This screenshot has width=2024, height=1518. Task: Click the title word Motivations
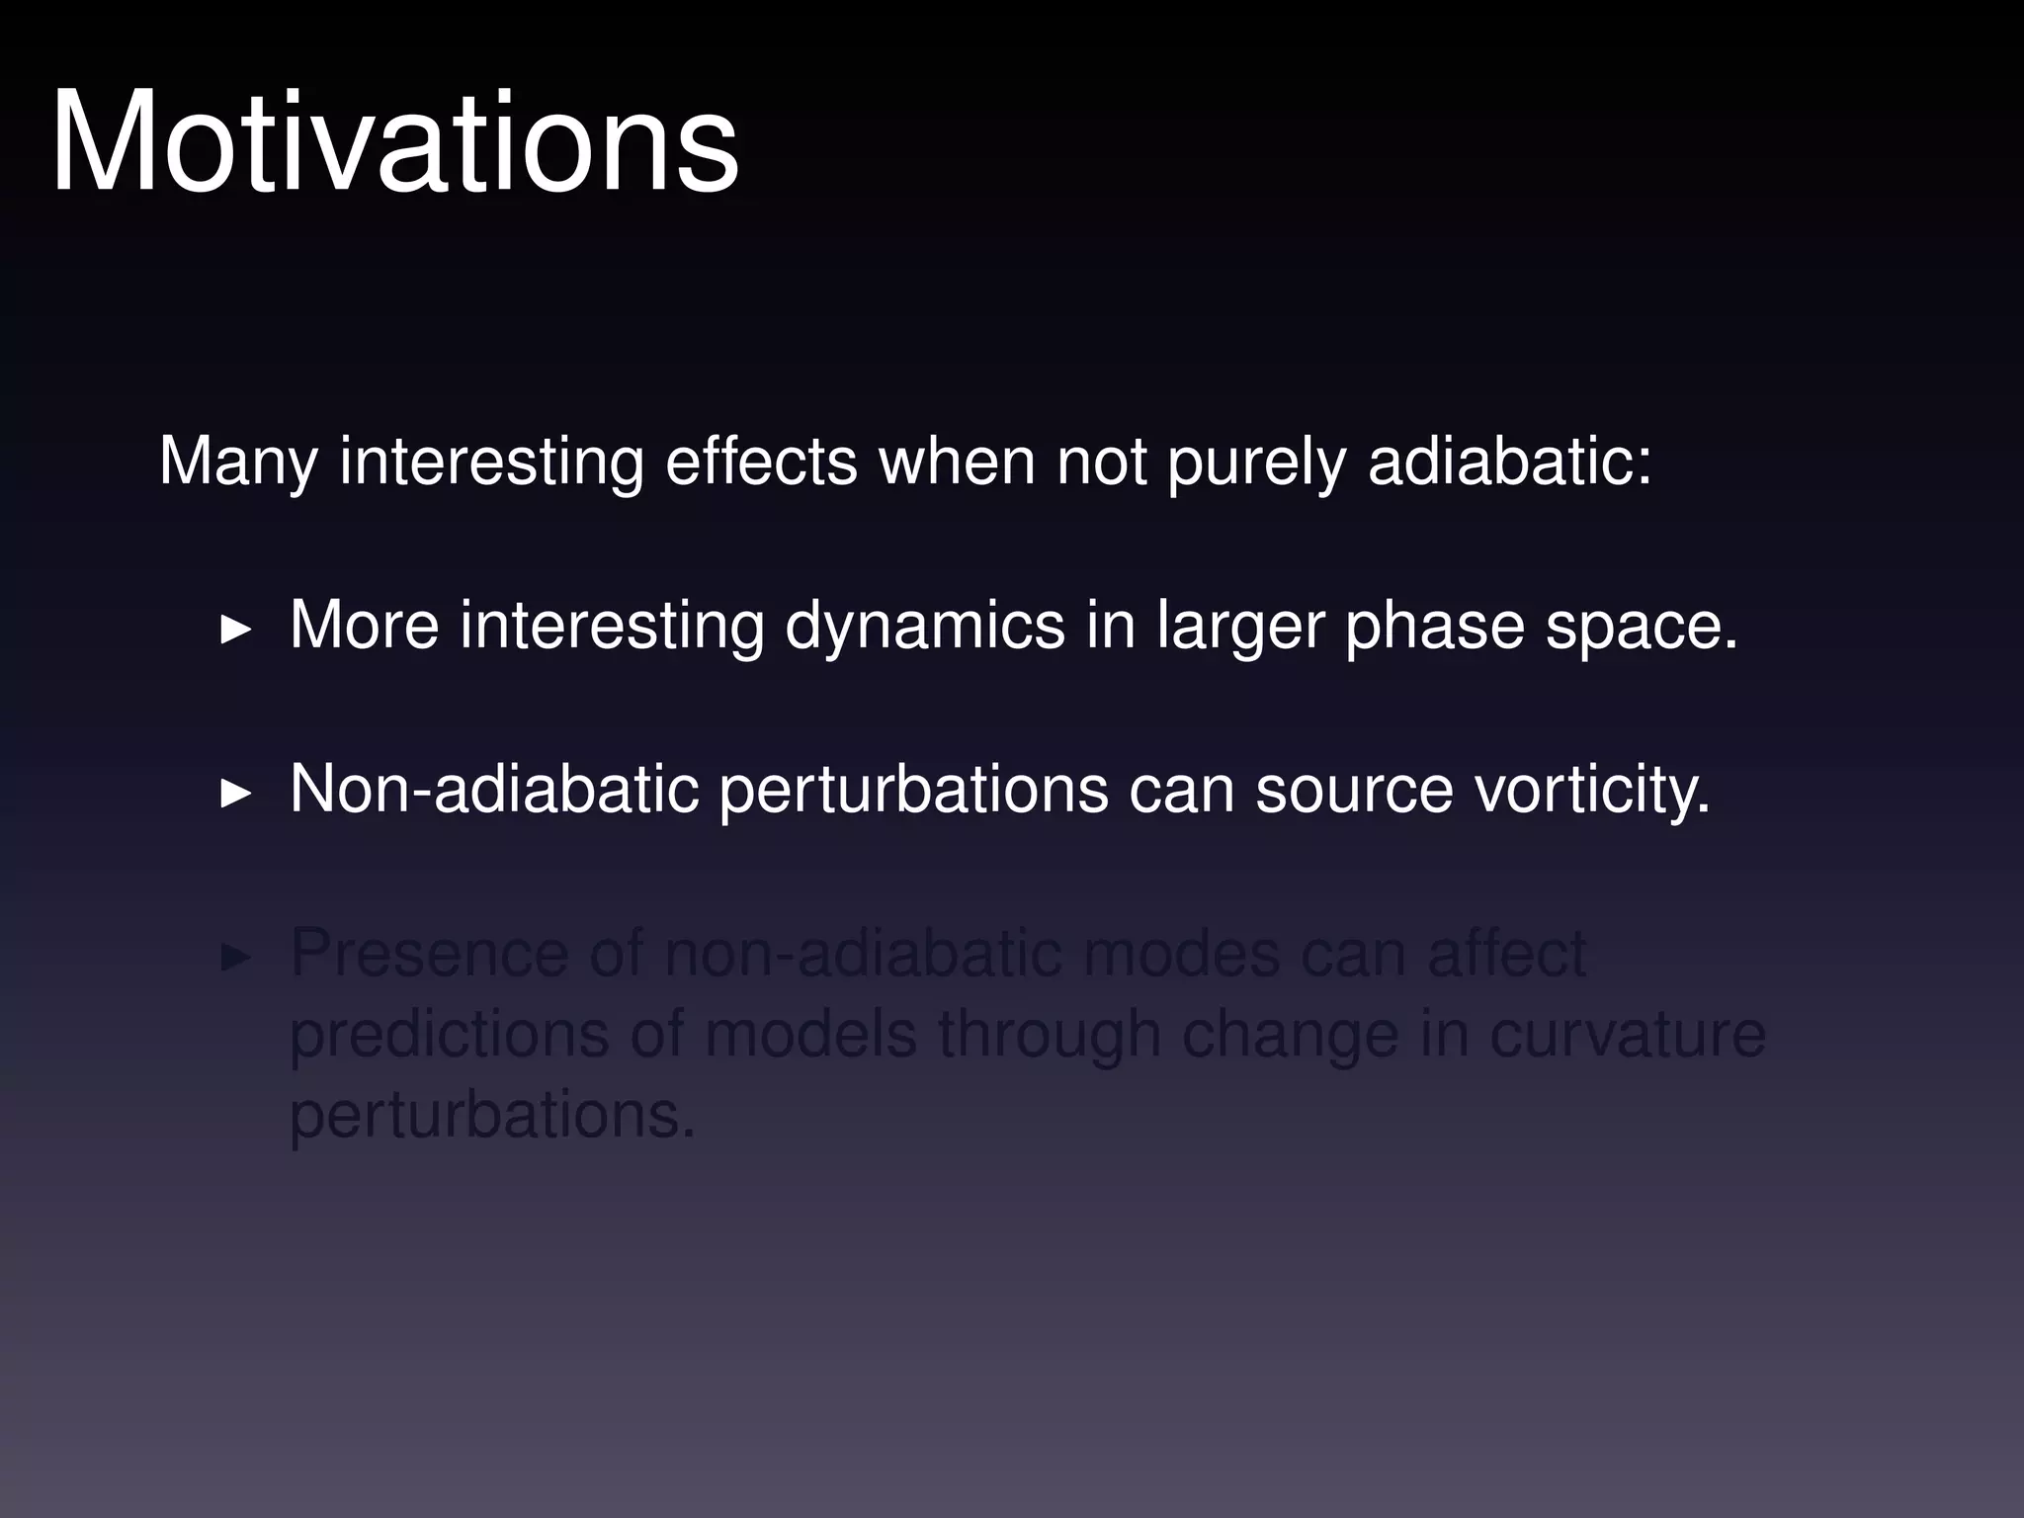coord(394,143)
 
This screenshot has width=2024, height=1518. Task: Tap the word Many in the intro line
coord(238,462)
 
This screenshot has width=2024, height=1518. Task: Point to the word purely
coord(1256,462)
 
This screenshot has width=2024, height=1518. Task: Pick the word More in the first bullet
coord(364,626)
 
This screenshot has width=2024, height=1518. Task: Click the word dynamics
coord(925,626)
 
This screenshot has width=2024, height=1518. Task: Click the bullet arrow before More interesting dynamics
coord(235,629)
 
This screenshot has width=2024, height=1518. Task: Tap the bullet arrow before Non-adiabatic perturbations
coord(235,793)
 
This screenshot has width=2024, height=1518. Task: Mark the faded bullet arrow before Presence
coord(235,957)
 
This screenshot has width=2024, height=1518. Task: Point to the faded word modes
coord(1181,954)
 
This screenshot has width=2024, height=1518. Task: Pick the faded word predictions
coord(450,1035)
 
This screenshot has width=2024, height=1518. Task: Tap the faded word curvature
coord(1627,1035)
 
